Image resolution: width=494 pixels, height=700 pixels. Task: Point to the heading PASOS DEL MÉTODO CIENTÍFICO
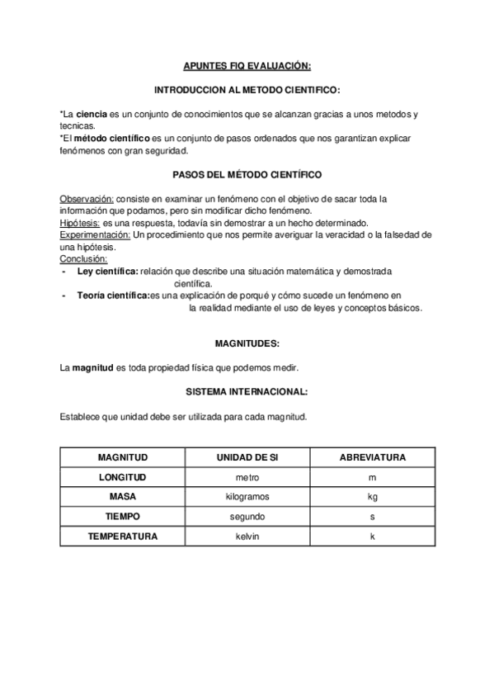pos(247,175)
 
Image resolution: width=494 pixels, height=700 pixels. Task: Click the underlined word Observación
pos(87,200)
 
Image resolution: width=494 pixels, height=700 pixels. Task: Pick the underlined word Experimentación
pos(95,235)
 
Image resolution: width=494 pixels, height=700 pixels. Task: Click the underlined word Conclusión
pos(83,259)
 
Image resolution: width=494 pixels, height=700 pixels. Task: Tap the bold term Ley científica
pos(107,271)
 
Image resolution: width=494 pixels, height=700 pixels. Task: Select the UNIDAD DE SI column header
pos(247,456)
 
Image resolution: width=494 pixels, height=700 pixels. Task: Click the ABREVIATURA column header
pos(371,456)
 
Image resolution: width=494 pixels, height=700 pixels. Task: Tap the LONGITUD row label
pos(122,477)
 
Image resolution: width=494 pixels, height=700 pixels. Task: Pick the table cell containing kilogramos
pos(247,497)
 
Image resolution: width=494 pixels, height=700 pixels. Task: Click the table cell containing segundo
pos(247,517)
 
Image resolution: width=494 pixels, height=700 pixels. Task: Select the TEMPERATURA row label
pos(122,537)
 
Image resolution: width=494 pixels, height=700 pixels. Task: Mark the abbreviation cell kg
pos(372,497)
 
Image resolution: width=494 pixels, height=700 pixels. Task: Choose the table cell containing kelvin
pos(247,537)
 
